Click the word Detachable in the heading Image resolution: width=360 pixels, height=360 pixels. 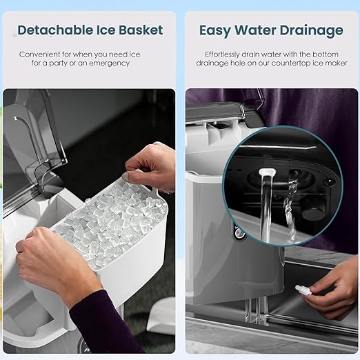point(55,30)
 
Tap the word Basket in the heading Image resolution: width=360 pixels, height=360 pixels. point(141,30)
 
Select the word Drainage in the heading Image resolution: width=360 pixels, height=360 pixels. point(311,31)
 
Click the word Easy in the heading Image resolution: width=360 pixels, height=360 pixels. point(214,31)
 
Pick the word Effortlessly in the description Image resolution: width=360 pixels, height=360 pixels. point(222,54)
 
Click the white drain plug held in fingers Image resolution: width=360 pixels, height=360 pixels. point(303,290)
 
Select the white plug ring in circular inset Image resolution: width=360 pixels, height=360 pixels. point(267,172)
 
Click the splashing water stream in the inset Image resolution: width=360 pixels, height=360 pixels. point(291,207)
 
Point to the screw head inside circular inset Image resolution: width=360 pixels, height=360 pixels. point(329,182)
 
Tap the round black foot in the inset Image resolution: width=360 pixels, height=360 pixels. point(312,212)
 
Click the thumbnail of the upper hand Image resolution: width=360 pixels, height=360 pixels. point(126,177)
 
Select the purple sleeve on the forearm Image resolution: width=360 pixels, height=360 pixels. point(103,326)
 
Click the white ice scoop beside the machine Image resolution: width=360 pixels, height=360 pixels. point(161,316)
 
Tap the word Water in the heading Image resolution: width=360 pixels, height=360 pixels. point(254,30)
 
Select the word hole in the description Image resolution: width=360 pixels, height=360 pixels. point(238,63)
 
